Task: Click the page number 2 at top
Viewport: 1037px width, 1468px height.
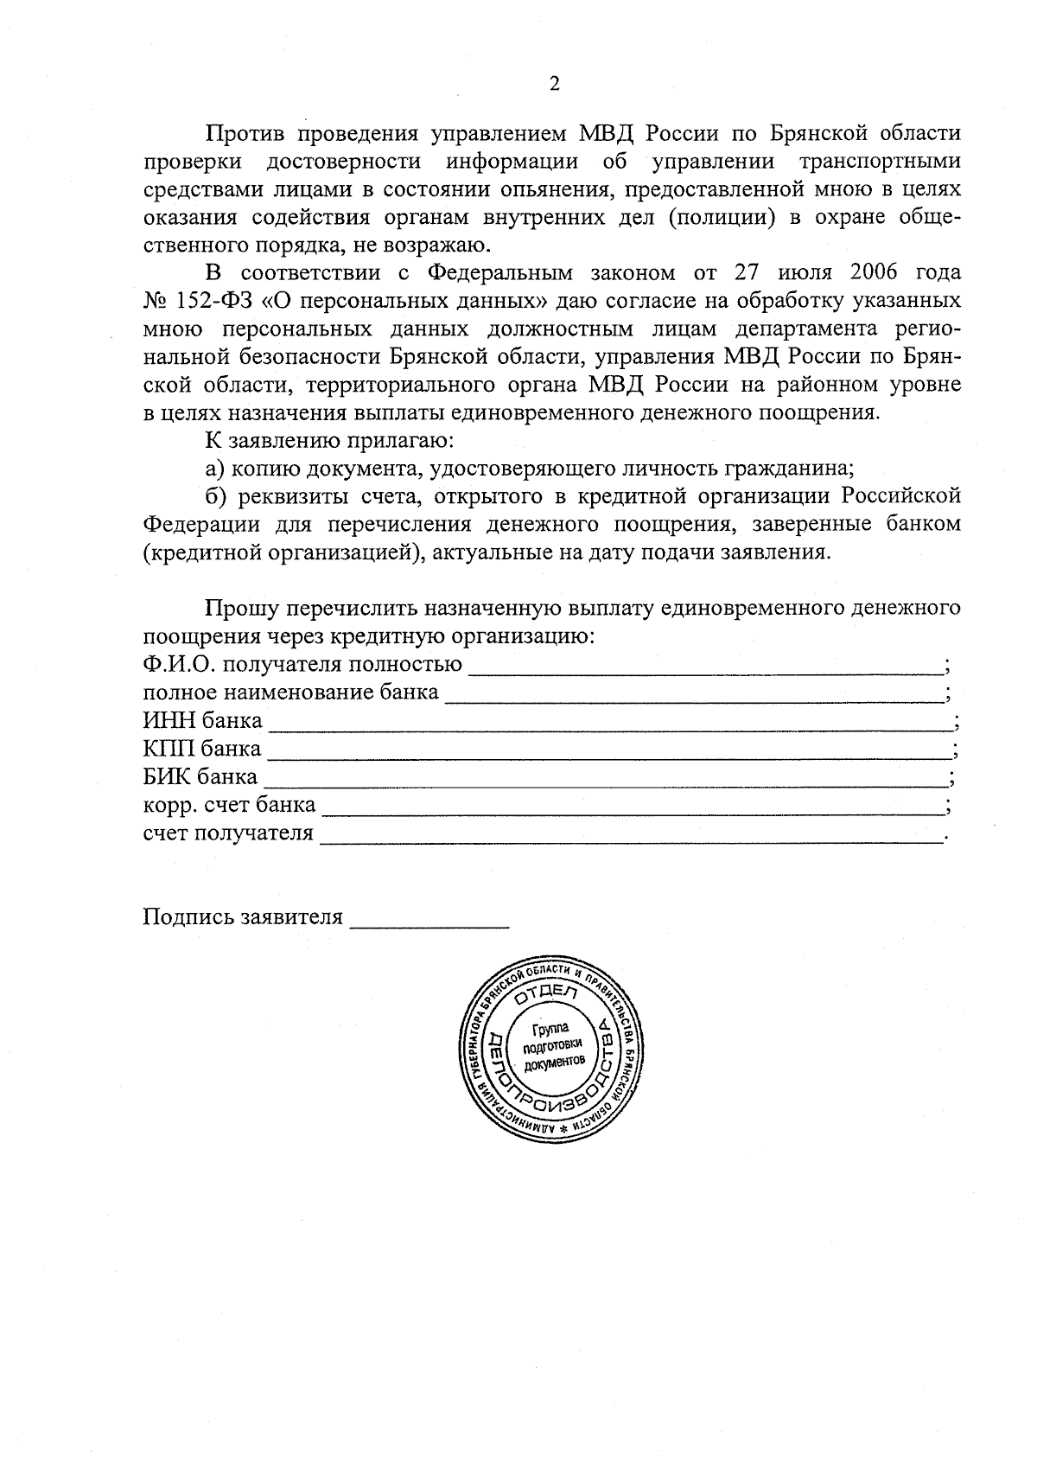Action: click(554, 84)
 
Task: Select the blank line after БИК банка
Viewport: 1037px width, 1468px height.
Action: click(605, 776)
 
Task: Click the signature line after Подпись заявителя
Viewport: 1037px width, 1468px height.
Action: click(429, 917)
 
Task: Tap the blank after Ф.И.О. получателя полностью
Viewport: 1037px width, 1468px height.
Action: click(705, 665)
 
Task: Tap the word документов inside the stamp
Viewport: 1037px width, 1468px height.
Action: click(554, 1061)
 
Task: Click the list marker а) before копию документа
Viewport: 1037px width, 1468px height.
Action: click(215, 469)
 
